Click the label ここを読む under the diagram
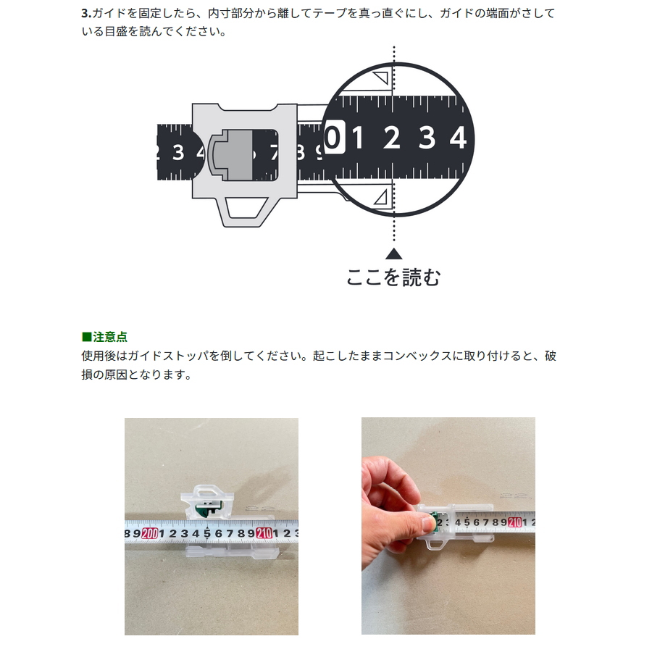[x=393, y=277]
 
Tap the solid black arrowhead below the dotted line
[x=394, y=254]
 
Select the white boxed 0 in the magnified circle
[x=334, y=137]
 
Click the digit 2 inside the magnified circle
[x=392, y=138]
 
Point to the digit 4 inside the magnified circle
[x=458, y=138]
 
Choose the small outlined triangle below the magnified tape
[x=382, y=198]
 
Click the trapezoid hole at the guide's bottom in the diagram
[x=246, y=207]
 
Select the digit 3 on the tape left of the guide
[x=178, y=153]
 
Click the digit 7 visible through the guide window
[x=273, y=153]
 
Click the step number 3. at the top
[x=86, y=13]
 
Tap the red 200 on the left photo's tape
[x=150, y=533]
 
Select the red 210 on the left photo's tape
[x=264, y=532]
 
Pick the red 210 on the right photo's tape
[x=515, y=522]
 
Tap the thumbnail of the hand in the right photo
[x=427, y=523]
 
